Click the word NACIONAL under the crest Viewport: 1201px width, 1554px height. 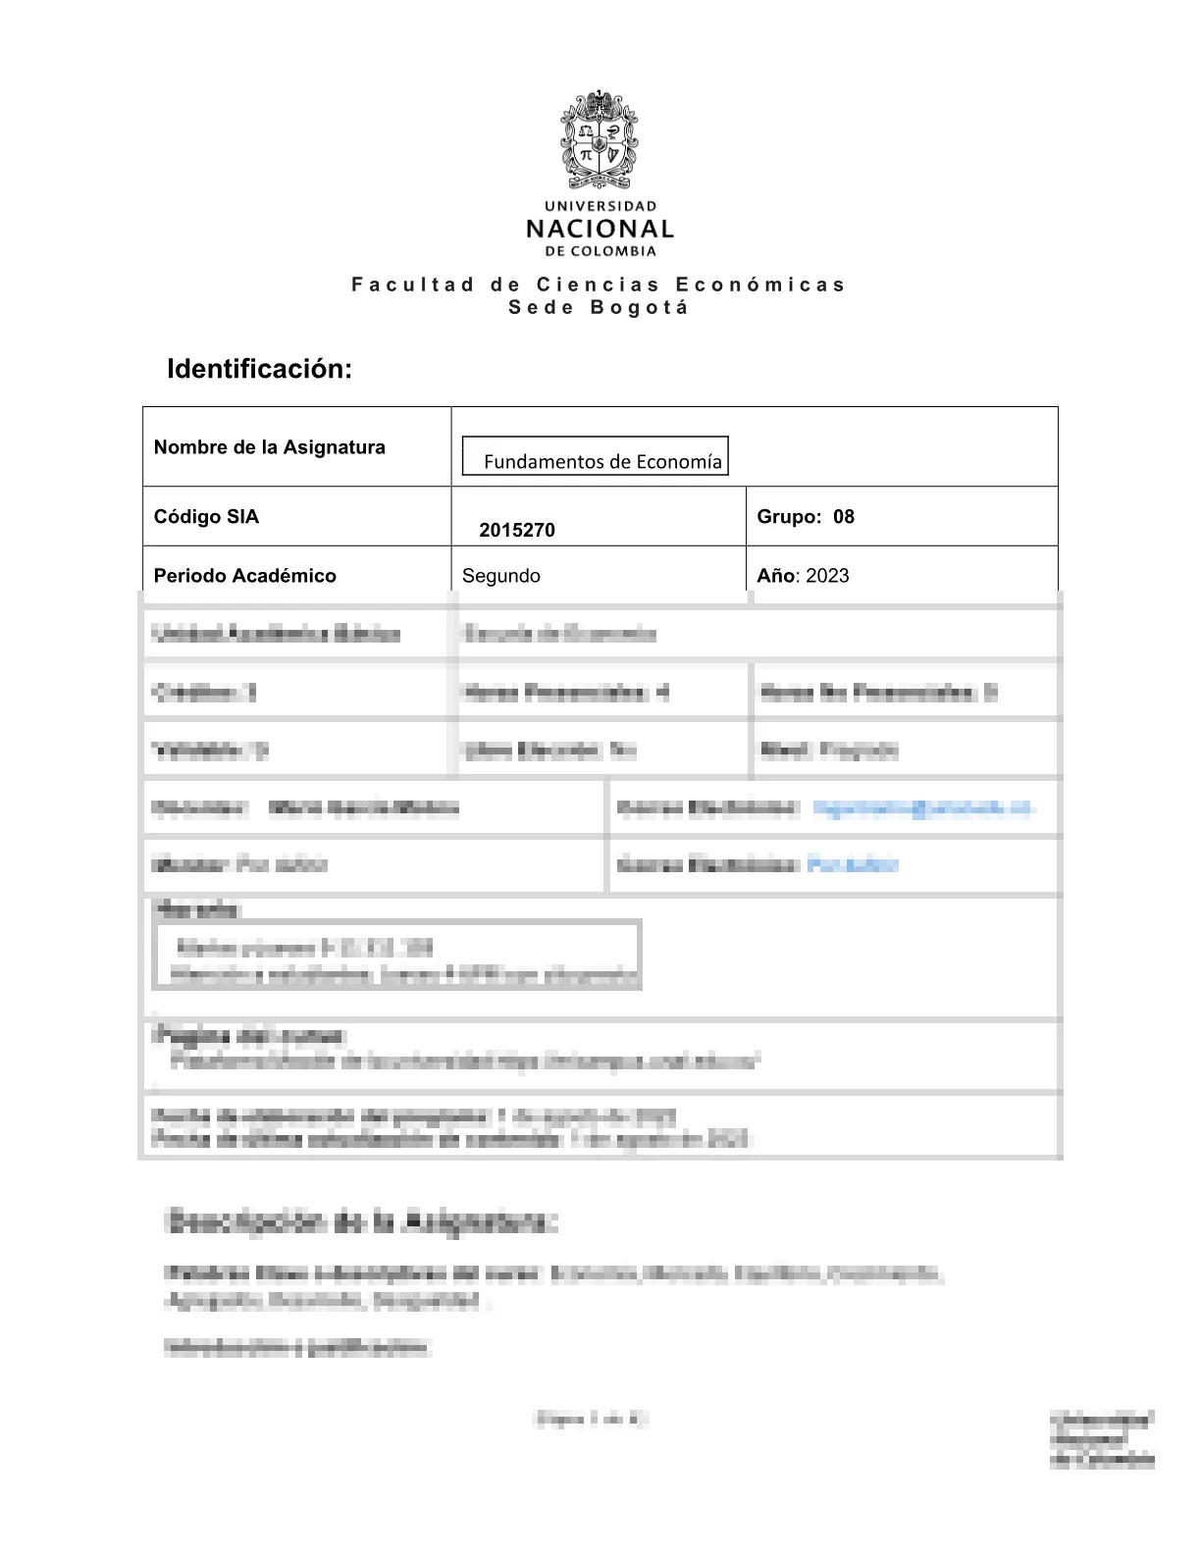click(600, 230)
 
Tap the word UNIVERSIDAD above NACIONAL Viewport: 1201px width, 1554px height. click(600, 206)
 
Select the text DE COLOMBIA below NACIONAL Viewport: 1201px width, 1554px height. click(600, 251)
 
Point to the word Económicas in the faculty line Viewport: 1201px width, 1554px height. click(760, 285)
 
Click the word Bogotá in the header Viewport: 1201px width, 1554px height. click(640, 307)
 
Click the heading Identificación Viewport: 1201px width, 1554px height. click(259, 370)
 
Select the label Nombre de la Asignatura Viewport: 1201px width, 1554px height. click(270, 447)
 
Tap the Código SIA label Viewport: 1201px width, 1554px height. click(207, 517)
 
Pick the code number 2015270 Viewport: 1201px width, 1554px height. click(517, 531)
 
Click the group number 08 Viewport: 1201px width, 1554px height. click(844, 517)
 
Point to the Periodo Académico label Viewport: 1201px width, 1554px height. click(245, 576)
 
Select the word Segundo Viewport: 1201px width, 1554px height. click(501, 576)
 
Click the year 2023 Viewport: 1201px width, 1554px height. click(827, 576)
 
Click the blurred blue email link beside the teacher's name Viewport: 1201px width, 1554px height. click(923, 808)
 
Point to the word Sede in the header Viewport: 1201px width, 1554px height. click(538, 307)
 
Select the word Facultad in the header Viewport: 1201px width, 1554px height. click(413, 285)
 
